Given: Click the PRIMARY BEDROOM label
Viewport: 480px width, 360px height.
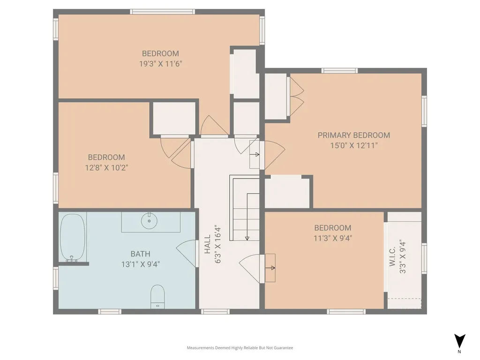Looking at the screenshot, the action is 353,135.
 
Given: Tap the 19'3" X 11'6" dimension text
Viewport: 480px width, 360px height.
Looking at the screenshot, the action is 161,64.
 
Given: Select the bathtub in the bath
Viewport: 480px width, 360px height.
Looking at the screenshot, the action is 73,238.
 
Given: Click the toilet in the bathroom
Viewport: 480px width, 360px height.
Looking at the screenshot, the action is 157,297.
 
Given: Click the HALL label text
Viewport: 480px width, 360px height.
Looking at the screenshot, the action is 208,244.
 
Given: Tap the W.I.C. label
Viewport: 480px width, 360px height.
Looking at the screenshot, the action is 392,256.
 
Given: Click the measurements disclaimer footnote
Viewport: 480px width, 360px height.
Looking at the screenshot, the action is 240,348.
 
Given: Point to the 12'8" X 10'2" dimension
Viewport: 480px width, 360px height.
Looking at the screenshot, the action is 106,168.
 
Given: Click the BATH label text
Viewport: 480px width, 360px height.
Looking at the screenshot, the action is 141,254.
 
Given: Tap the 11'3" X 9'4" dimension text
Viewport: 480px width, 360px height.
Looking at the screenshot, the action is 333,238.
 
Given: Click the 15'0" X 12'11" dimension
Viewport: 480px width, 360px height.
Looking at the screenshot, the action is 353,145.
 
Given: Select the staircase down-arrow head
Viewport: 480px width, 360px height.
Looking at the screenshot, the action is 247,238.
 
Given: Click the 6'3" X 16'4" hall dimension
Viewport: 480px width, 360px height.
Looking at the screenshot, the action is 217,245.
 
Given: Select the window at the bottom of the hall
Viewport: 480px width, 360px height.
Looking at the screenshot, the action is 215,312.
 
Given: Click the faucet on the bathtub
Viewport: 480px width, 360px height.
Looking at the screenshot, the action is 72,259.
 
